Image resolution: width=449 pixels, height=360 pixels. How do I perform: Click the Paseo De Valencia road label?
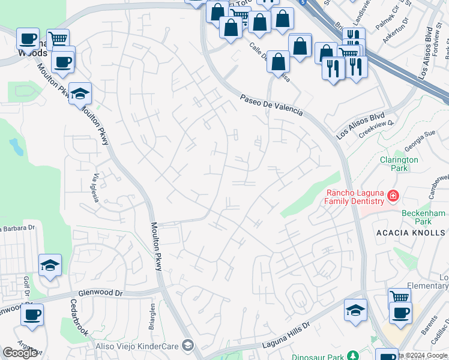[271, 106]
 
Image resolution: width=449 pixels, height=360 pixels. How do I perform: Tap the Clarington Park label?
[399, 164]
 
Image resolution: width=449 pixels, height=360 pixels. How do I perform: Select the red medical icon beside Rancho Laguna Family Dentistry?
[393, 196]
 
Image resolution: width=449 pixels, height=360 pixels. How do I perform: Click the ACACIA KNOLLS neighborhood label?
[411, 232]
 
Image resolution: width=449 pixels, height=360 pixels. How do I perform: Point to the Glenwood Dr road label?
[100, 293]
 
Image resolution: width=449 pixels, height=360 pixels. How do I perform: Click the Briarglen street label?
[152, 313]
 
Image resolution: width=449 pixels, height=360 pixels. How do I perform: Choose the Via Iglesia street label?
[96, 188]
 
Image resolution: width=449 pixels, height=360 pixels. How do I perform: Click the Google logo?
[20, 353]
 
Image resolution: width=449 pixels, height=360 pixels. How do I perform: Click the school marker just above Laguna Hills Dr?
[355, 310]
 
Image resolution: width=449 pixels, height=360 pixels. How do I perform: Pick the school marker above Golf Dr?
[50, 265]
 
